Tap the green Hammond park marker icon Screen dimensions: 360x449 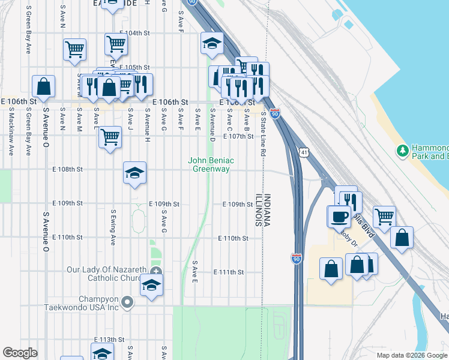tap(402, 149)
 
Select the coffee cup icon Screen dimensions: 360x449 tap(339, 215)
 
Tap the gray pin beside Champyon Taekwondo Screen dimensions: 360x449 tap(127, 302)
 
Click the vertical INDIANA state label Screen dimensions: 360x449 tap(268, 210)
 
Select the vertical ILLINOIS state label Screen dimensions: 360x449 tap(259, 210)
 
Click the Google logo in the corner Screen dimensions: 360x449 tap(20, 353)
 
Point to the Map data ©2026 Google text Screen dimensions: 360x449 tap(412, 355)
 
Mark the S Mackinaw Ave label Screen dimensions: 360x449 tap(11, 138)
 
